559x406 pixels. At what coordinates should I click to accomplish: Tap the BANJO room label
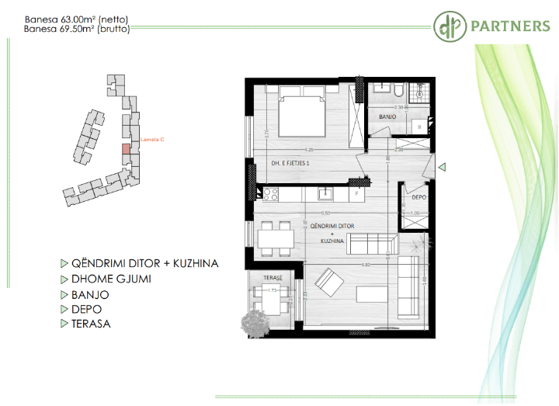[387, 116]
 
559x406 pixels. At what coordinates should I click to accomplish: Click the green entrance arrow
[441, 167]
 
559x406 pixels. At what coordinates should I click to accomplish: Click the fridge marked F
[356, 193]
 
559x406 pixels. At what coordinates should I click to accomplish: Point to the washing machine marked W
[419, 125]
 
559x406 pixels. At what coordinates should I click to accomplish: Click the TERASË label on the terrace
[271, 277]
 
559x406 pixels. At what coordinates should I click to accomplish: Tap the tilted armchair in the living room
[327, 280]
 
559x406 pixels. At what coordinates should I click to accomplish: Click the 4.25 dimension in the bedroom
[309, 150]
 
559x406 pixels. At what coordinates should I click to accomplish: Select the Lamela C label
[151, 140]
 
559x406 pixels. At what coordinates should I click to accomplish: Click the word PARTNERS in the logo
[509, 26]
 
